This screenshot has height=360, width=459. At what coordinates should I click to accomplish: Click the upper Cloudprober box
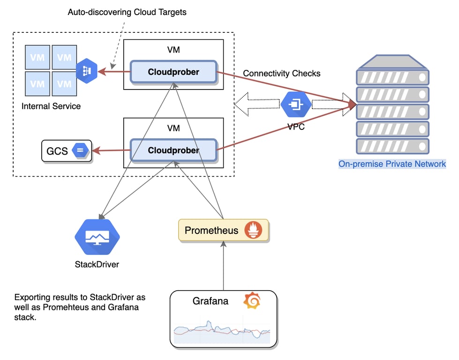[173, 72]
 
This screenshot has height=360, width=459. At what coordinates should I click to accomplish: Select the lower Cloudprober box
[173, 150]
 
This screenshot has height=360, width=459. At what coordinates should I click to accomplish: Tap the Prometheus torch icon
[254, 230]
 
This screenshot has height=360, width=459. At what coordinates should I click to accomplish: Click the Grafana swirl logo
[252, 300]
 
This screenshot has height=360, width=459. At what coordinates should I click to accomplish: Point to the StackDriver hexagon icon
[98, 237]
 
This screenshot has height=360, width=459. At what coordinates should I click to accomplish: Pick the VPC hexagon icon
[296, 104]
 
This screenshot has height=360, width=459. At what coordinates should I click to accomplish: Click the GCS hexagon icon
[80, 150]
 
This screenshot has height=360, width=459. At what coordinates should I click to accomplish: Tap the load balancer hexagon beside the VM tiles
[87, 71]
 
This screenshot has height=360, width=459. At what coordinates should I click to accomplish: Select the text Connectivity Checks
[282, 74]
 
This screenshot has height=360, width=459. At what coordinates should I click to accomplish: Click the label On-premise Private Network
[392, 164]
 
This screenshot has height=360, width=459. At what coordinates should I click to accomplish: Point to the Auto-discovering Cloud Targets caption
[127, 12]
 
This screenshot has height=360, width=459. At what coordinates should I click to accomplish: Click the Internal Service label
[51, 106]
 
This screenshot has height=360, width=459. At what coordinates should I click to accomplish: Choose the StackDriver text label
[97, 264]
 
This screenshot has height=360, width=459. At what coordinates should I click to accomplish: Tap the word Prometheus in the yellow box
[211, 230]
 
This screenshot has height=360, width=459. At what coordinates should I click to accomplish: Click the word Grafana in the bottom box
[211, 301]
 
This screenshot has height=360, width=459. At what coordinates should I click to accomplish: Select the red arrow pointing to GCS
[112, 150]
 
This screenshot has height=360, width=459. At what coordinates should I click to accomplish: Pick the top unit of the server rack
[392, 76]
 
